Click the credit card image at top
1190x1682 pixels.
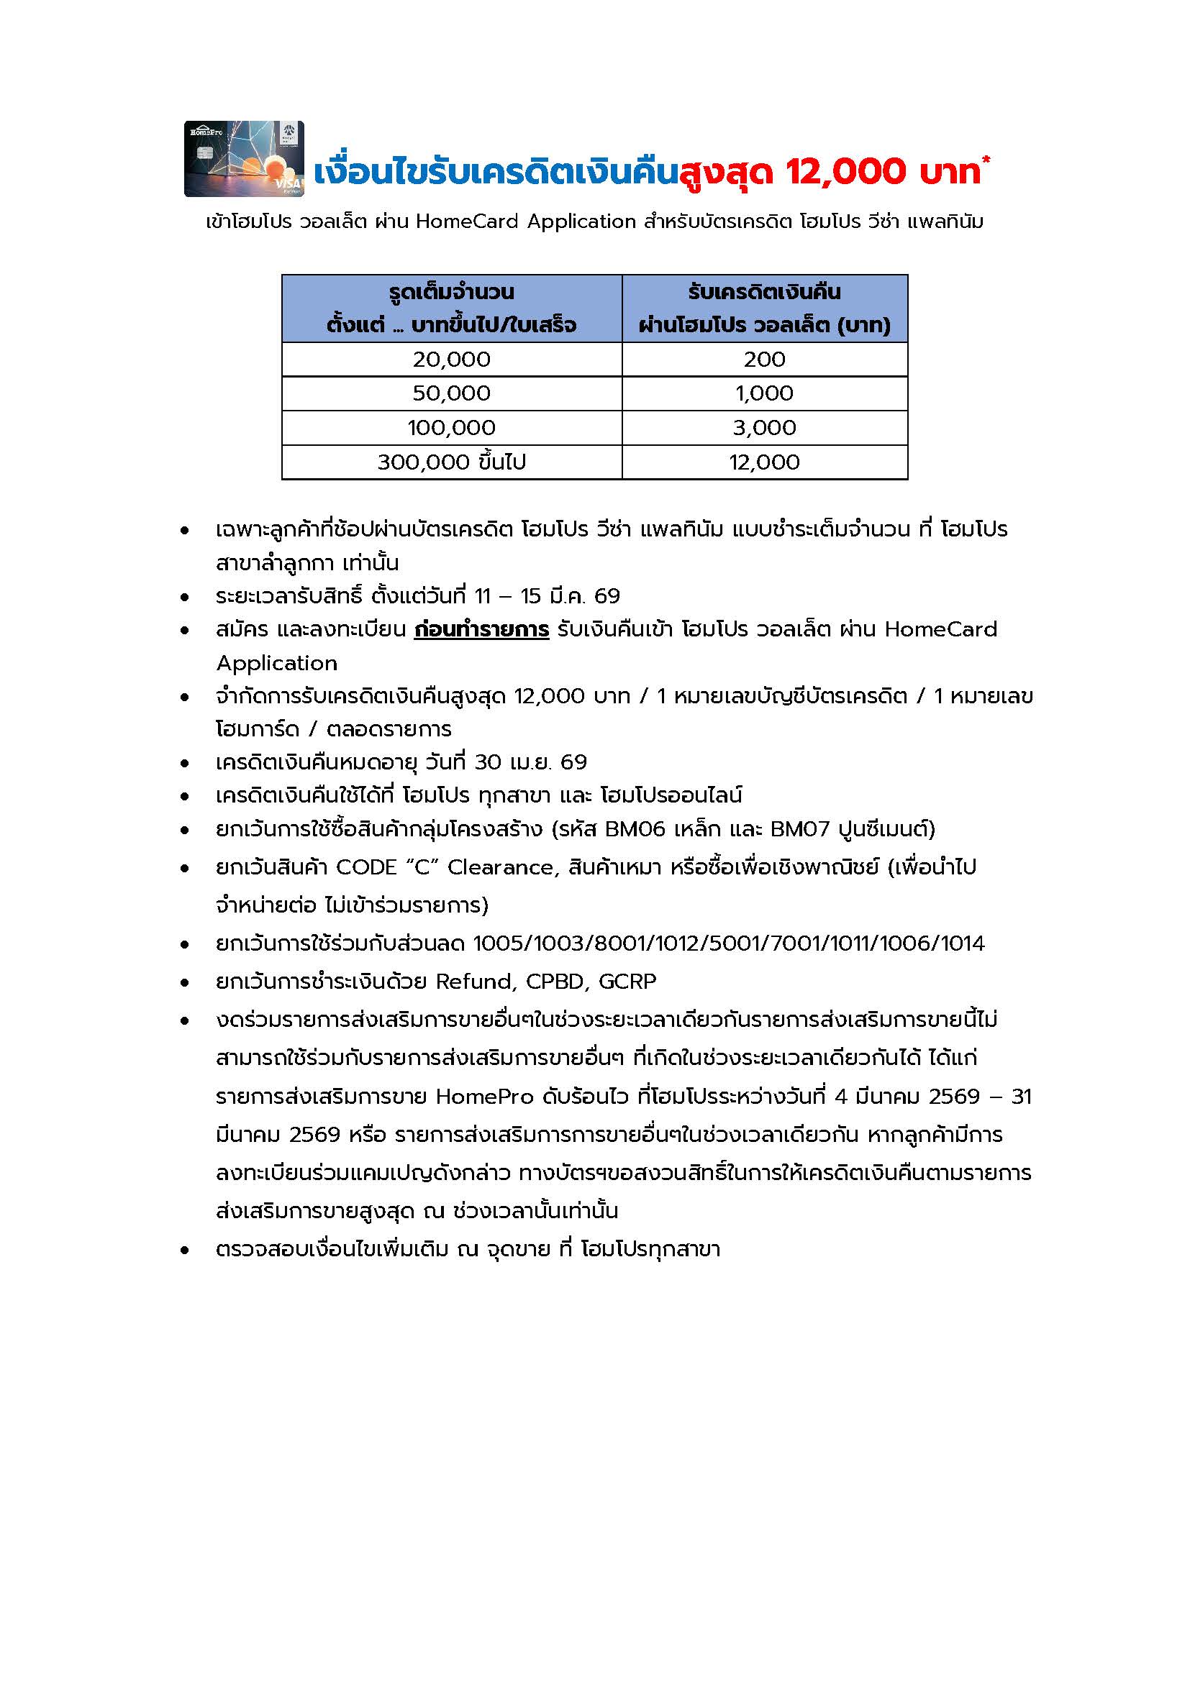pyautogui.click(x=244, y=159)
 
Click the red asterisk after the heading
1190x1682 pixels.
pyautogui.click(x=986, y=160)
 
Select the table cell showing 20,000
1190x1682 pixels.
pyautogui.click(x=451, y=359)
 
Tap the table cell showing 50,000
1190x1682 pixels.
pyautogui.click(x=451, y=393)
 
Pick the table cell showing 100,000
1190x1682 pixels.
pyautogui.click(x=451, y=428)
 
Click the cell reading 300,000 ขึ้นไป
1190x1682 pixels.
pyautogui.click(x=451, y=462)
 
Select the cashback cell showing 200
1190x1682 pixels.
pyautogui.click(x=764, y=359)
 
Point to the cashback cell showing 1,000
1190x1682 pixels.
pyautogui.click(x=764, y=393)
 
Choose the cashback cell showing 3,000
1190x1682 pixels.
pyautogui.click(x=764, y=428)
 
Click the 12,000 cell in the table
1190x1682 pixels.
pyautogui.click(x=764, y=462)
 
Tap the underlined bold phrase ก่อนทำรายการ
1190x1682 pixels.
pyautogui.click(x=481, y=629)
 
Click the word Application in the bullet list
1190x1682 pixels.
pyautogui.click(x=277, y=663)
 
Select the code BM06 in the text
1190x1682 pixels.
pyautogui.click(x=635, y=829)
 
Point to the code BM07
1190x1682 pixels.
pyautogui.click(x=801, y=829)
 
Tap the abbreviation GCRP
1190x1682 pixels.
pyautogui.click(x=627, y=981)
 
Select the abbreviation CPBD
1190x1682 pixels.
pyautogui.click(x=555, y=981)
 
